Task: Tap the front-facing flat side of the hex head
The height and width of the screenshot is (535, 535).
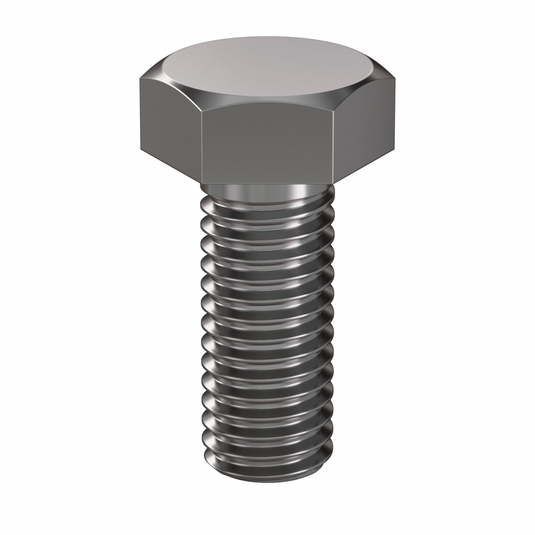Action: point(267,144)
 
